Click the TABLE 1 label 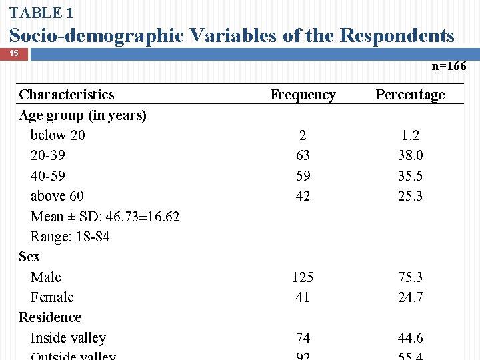coord(41,13)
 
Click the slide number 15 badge coord(14,53)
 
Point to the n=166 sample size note coord(449,66)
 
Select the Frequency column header coord(303,95)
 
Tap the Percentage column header coord(410,95)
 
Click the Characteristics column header coord(67,95)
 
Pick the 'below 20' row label coord(58,135)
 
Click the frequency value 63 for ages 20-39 coord(303,155)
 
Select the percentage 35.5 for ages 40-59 coord(410,176)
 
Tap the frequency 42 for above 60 coord(303,196)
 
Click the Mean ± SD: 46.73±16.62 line coord(105,217)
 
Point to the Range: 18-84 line coord(70,237)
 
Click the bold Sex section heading coord(29,257)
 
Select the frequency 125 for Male coord(303,277)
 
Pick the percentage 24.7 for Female coord(410,297)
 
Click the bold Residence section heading coord(50,317)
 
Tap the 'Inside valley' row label coord(68,338)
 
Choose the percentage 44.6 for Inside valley coord(410,338)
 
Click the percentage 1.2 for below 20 coord(410,135)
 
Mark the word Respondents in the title coord(397,35)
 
